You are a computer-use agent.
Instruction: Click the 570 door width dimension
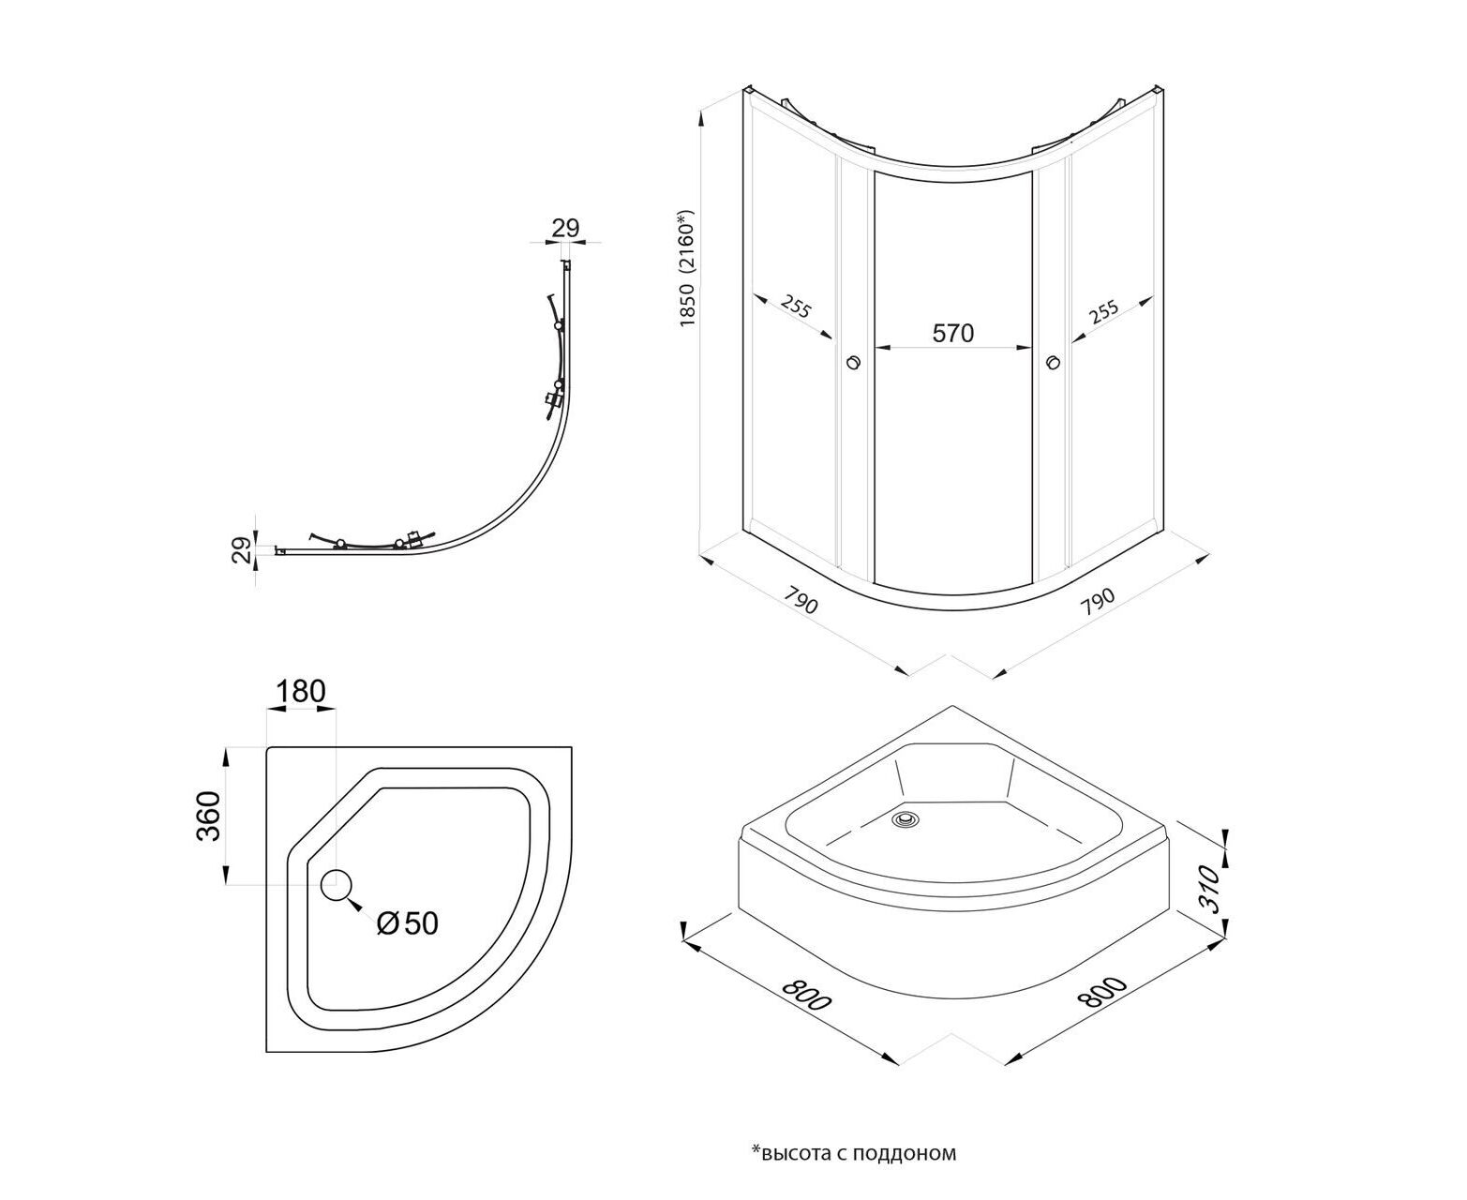(953, 333)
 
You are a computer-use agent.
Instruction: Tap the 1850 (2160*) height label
(691, 267)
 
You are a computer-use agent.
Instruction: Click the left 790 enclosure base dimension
(800, 601)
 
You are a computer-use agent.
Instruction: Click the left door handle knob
(853, 362)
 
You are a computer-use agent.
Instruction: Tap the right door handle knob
(1053, 362)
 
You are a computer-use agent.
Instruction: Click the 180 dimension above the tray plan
(300, 692)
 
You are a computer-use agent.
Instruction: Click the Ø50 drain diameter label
(407, 923)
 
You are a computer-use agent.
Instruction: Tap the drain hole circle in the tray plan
(337, 884)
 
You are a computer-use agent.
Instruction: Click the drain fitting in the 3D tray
(906, 818)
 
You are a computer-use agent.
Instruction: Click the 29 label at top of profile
(566, 228)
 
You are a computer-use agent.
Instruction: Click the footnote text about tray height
(853, 1153)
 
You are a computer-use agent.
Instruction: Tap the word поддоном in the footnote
(914, 1153)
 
